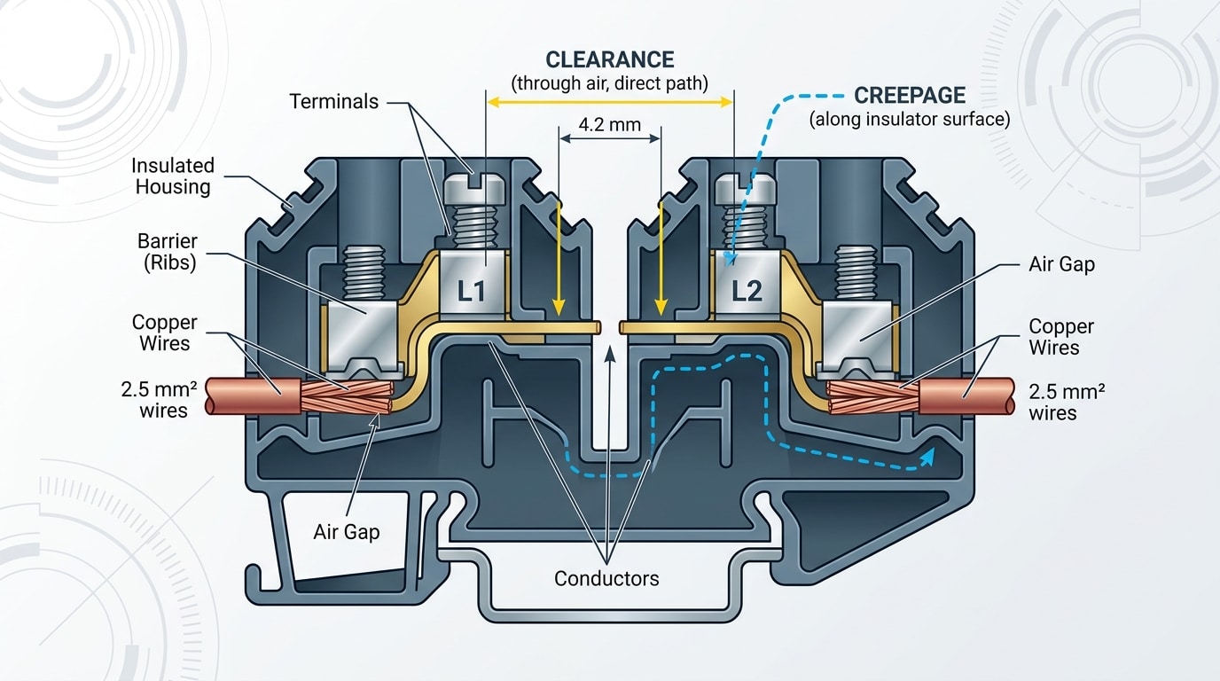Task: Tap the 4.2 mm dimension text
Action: coord(609,124)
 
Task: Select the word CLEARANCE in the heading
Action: coord(610,59)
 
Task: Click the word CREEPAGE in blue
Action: coord(910,96)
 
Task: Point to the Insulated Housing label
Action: coord(173,176)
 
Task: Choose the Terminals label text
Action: coord(333,101)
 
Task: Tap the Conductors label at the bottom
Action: coord(606,579)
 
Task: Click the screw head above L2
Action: coord(746,188)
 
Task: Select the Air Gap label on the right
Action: coord(1061,264)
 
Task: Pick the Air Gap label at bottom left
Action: coord(346,532)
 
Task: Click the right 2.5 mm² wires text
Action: coord(1067,402)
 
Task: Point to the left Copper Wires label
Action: coord(165,333)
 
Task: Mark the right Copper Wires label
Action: coord(1061,337)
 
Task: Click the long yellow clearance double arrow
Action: coord(610,103)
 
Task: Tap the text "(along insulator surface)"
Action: coord(909,120)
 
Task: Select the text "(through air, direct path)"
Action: coord(610,84)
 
